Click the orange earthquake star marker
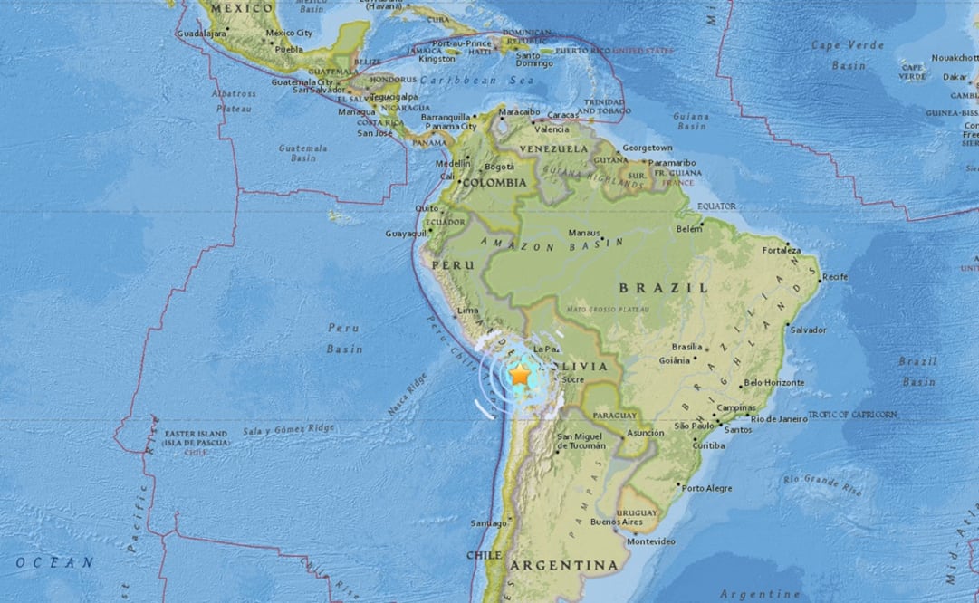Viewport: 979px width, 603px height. tap(520, 374)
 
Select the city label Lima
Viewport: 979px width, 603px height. tap(468, 311)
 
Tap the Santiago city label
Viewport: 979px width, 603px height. tap(488, 523)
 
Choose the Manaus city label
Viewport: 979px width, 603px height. tap(583, 233)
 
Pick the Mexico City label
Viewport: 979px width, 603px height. tap(288, 33)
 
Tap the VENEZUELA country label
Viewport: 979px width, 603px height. tap(553, 148)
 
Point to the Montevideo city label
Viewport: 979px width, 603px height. tap(651, 541)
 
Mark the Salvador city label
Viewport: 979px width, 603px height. tap(808, 330)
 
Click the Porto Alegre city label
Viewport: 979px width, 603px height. tap(707, 489)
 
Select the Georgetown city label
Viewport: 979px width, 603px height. tap(647, 148)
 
